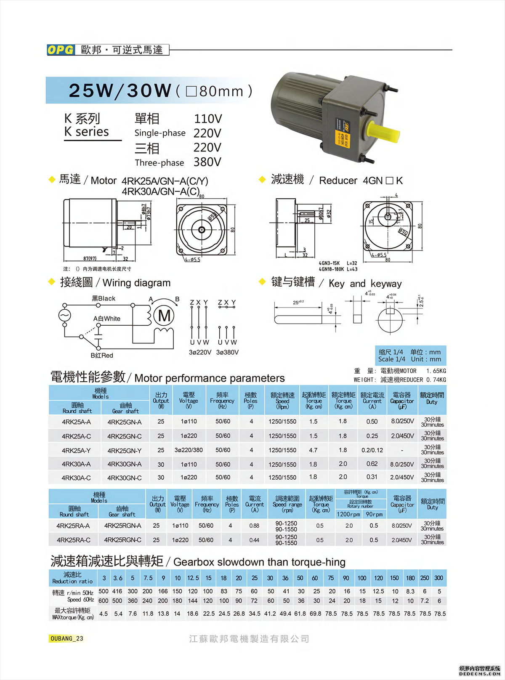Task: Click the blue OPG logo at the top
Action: [x=61, y=50]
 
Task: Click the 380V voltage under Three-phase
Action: [x=207, y=162]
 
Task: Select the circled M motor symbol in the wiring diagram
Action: [x=164, y=316]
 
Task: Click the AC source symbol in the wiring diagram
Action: [x=65, y=315]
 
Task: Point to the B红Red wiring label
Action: [x=102, y=356]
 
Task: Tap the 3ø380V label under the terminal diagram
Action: [x=227, y=352]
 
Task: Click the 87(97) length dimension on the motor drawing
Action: [x=90, y=258]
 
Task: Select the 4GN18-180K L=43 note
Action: [x=338, y=269]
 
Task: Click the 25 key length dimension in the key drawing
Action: [x=298, y=302]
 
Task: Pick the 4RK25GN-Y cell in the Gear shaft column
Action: [x=125, y=451]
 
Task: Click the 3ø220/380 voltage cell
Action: [x=189, y=450]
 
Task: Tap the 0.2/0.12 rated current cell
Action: [x=372, y=450]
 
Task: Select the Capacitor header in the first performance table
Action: [x=402, y=401]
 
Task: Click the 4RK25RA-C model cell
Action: [x=73, y=540]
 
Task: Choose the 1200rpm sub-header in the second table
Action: [x=348, y=514]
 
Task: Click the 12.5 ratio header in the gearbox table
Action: [x=193, y=578]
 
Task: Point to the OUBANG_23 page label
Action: [x=66, y=638]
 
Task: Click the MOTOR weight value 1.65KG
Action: [x=436, y=371]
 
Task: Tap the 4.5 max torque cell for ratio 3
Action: [x=104, y=614]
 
